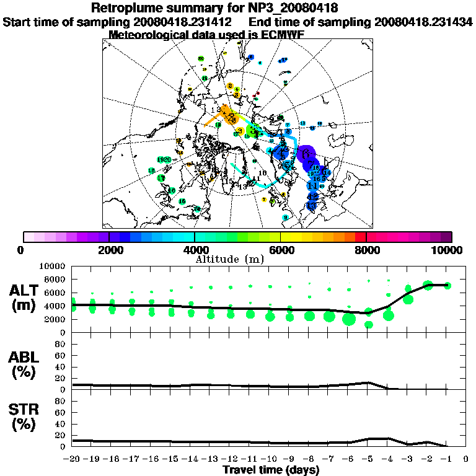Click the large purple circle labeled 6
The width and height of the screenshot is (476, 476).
[306, 153]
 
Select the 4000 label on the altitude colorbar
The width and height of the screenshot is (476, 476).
[195, 250]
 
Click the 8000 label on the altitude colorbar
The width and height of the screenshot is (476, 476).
[366, 250]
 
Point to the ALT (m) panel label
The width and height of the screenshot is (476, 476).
[24, 297]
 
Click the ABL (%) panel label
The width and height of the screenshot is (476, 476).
[24, 364]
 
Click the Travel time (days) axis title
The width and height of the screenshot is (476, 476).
[271, 470]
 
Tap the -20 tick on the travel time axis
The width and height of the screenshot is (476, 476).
[73, 460]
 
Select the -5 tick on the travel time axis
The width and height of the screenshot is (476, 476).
[368, 460]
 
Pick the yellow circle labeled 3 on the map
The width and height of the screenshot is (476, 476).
[240, 130]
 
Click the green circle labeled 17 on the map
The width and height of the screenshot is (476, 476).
[161, 178]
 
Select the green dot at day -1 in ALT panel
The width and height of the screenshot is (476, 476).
[447, 286]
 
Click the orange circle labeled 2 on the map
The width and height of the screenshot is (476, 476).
[230, 86]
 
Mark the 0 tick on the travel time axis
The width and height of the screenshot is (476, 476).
[467, 460]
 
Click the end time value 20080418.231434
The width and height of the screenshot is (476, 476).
[423, 22]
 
